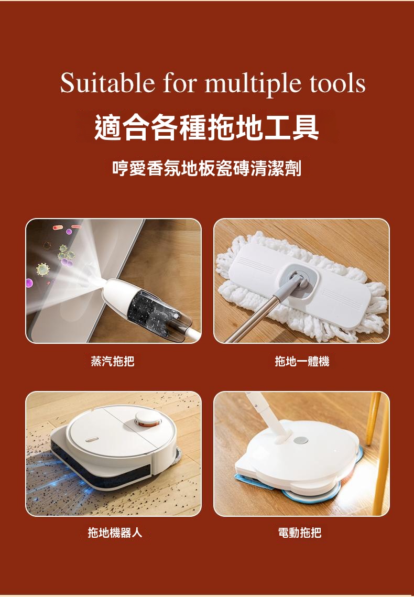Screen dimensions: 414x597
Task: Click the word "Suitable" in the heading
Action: click(x=107, y=82)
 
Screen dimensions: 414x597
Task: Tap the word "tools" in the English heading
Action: click(x=337, y=83)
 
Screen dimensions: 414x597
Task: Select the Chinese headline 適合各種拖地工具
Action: click(x=206, y=127)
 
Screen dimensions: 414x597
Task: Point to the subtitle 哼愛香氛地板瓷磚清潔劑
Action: click(x=206, y=168)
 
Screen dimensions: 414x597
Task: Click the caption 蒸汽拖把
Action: click(x=113, y=361)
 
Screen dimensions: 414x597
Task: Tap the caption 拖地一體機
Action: click(x=302, y=361)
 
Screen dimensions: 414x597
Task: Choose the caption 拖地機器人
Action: click(x=115, y=533)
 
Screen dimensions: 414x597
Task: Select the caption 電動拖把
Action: click(x=300, y=533)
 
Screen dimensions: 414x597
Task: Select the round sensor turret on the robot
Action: click(x=148, y=418)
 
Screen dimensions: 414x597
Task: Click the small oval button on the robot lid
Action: click(x=91, y=439)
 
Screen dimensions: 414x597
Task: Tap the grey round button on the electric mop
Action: click(x=301, y=440)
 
